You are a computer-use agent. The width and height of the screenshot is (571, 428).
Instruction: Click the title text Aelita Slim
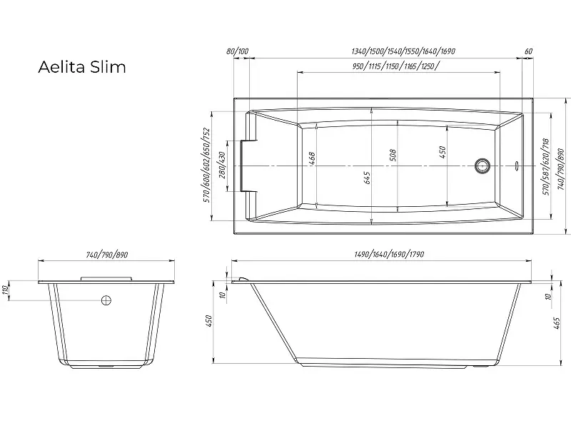[81, 67]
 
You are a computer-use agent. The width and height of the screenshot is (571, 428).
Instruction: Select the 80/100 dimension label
[237, 52]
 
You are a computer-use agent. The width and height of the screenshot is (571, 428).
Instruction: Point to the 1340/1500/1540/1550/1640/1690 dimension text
[403, 52]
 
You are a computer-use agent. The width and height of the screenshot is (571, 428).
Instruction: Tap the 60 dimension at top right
[528, 52]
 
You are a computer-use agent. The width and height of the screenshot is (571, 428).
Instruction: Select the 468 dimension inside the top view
[313, 159]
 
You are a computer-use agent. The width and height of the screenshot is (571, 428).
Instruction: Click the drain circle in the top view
[483, 166]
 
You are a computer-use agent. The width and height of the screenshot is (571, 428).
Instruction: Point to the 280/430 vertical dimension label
[222, 165]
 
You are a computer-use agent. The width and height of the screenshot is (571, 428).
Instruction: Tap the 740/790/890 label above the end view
[107, 255]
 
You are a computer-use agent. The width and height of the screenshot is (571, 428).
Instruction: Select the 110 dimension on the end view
[6, 289]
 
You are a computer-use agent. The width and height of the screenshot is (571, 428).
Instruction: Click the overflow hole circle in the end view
[106, 300]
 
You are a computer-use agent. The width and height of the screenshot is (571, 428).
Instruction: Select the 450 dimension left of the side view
[210, 322]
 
